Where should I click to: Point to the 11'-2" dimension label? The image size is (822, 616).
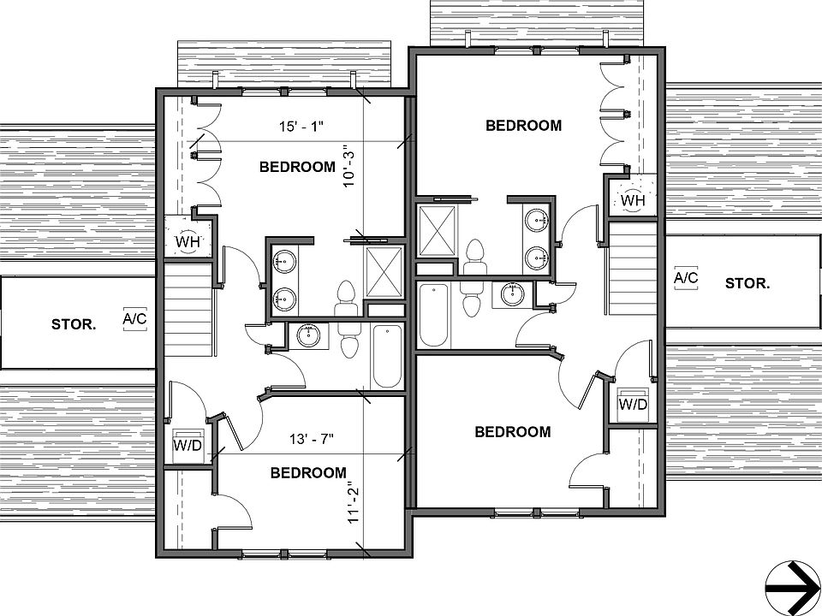pos(352,507)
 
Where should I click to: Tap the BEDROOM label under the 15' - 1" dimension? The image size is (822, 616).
pos(296,167)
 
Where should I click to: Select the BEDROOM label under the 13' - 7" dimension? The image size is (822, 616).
pos(308,472)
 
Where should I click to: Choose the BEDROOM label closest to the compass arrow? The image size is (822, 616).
pos(512,432)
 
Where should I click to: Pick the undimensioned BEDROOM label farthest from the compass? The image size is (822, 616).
pos(523,126)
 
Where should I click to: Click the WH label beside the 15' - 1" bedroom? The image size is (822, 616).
pos(188,241)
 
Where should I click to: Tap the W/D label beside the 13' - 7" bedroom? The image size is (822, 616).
pos(188,445)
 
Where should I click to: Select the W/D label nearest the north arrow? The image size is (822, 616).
pos(633,404)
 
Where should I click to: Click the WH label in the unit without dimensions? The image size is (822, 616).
pos(632,200)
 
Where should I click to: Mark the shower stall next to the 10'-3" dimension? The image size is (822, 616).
pos(383,272)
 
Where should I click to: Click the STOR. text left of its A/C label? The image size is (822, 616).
pos(73,323)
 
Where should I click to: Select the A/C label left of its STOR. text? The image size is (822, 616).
pos(686,278)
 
